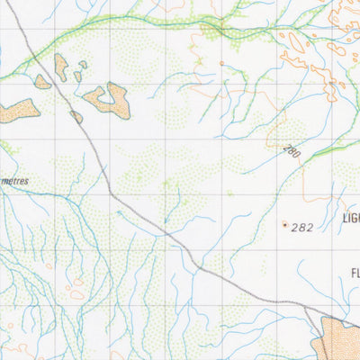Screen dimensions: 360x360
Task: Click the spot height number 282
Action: tap(302, 228)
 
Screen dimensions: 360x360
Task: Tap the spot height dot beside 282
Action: tap(285, 224)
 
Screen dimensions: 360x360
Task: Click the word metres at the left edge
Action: tap(14, 181)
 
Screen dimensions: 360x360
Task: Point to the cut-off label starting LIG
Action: tap(350, 219)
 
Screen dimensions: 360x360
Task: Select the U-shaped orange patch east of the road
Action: tap(110, 100)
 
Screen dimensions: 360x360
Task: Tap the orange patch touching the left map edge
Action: tap(18, 110)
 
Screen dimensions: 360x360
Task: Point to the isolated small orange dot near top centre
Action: tap(221, 63)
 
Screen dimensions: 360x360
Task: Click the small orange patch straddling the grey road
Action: tap(76, 116)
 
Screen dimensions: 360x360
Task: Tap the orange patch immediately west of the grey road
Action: tap(42, 82)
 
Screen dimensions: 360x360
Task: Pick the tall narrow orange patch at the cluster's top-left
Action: tap(60, 66)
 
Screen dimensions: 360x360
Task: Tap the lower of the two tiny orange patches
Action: tap(78, 76)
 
